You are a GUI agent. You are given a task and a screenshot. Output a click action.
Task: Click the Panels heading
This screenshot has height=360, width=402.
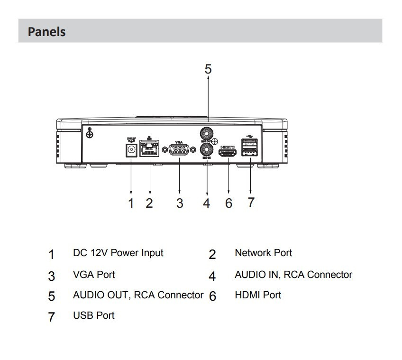(46, 32)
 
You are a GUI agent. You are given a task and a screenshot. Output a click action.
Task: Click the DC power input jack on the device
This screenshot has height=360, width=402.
(130, 150)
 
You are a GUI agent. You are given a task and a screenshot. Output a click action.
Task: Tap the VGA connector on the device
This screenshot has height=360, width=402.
(179, 151)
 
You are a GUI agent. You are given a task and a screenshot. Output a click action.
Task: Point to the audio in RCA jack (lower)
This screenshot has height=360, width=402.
(207, 151)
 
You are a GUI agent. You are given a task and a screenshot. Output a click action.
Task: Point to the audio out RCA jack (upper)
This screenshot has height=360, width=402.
(207, 132)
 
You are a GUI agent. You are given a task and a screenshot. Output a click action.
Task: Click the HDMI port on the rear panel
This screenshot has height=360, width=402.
(228, 152)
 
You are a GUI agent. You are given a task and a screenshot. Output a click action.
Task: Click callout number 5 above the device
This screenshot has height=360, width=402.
(208, 69)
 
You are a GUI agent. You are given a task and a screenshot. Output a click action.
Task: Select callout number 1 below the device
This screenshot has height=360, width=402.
(131, 203)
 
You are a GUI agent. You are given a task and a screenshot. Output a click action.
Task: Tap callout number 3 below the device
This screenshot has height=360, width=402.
(179, 203)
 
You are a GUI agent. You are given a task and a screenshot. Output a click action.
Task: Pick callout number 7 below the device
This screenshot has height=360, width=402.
(251, 203)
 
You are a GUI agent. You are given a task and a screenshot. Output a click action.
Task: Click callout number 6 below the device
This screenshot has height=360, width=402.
(228, 203)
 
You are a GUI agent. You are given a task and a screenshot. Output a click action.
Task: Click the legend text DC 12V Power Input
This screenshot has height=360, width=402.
(118, 253)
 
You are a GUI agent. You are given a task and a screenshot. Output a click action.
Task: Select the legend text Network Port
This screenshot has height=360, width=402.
(264, 253)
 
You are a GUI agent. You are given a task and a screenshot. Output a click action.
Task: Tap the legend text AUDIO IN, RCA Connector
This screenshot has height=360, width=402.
(293, 275)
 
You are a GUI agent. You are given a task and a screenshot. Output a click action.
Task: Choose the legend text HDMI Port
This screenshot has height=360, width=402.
(258, 295)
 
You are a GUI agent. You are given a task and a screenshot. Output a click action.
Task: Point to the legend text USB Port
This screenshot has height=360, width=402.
(93, 315)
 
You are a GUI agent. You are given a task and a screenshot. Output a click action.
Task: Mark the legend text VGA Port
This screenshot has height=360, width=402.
(94, 275)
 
